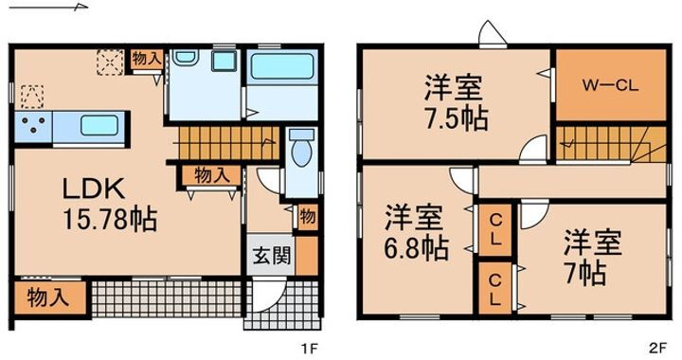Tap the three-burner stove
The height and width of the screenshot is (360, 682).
coord(32,125)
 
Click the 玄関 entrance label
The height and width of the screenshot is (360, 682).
coord(270,256)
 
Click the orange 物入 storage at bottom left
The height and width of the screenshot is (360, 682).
coord(46,297)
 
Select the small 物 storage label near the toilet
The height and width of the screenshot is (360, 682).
coord(308,215)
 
